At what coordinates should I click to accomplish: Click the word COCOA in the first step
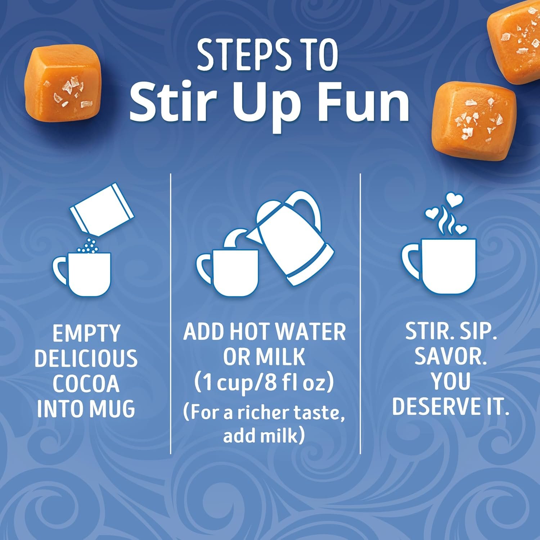coord(86,384)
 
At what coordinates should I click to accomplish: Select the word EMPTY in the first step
coord(86,333)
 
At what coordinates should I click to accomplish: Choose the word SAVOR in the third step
coord(450,357)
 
